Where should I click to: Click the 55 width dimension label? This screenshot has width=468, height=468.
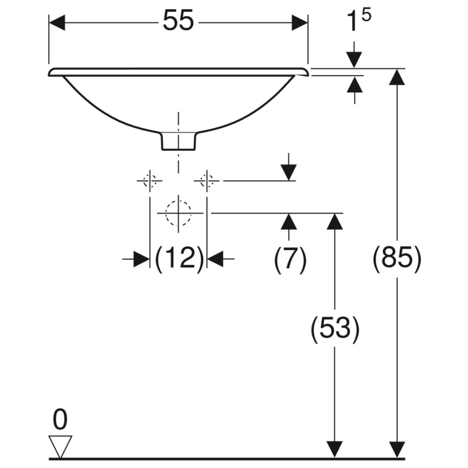pyautogui.click(x=178, y=20)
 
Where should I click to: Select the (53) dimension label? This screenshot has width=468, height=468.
pyautogui.click(x=335, y=328)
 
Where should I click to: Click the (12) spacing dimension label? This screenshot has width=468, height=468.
pyautogui.click(x=180, y=258)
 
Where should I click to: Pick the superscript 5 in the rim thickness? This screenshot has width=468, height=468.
pyautogui.click(x=366, y=15)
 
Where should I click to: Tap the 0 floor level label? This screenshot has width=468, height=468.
pyautogui.click(x=60, y=419)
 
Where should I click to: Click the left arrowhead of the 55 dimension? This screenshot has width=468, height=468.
pyautogui.click(x=57, y=23)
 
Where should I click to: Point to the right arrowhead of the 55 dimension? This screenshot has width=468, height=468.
pyautogui.click(x=300, y=23)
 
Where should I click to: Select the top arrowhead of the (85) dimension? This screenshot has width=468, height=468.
pyautogui.click(x=397, y=77)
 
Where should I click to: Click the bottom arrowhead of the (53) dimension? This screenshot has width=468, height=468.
pyautogui.click(x=334, y=449)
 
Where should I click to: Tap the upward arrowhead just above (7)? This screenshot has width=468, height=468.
pyautogui.click(x=289, y=222)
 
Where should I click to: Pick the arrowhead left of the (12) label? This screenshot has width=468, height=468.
pyautogui.click(x=142, y=259)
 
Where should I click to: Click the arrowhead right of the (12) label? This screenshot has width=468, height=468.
pyautogui.click(x=215, y=259)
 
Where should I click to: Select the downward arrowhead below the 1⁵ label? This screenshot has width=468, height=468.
pyautogui.click(x=354, y=60)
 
